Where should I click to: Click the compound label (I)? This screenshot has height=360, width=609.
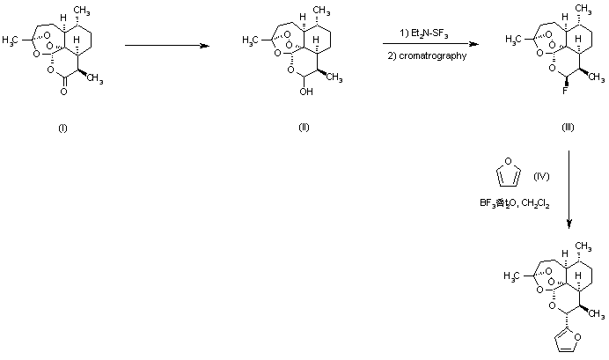pyautogui.click(x=62, y=128)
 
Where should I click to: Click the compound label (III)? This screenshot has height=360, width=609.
pyautogui.click(x=568, y=128)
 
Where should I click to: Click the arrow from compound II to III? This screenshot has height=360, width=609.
pyautogui.click(x=431, y=44)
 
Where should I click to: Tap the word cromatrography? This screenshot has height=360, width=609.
pyautogui.click(x=434, y=55)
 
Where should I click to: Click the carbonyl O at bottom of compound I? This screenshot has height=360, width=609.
pyautogui.click(x=62, y=104)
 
